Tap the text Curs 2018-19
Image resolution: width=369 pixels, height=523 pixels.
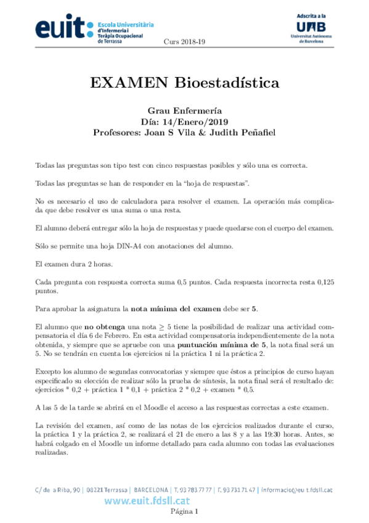pyautogui.click(x=184, y=41)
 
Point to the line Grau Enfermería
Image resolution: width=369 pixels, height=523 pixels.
pyautogui.click(x=184, y=111)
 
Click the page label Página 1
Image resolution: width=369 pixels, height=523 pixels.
pyautogui.click(x=184, y=512)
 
